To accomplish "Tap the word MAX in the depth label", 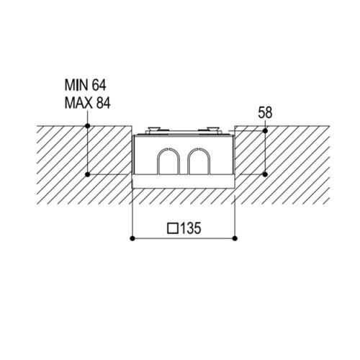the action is point(78,103).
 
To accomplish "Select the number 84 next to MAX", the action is point(103,103).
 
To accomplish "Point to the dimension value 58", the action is point(265,113).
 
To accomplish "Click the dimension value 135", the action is point(190,228).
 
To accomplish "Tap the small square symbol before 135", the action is point(173,228).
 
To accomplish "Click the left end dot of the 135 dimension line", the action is point(132,238).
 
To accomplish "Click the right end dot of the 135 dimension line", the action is point(235,238).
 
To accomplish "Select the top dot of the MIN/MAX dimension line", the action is point(88,126).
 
